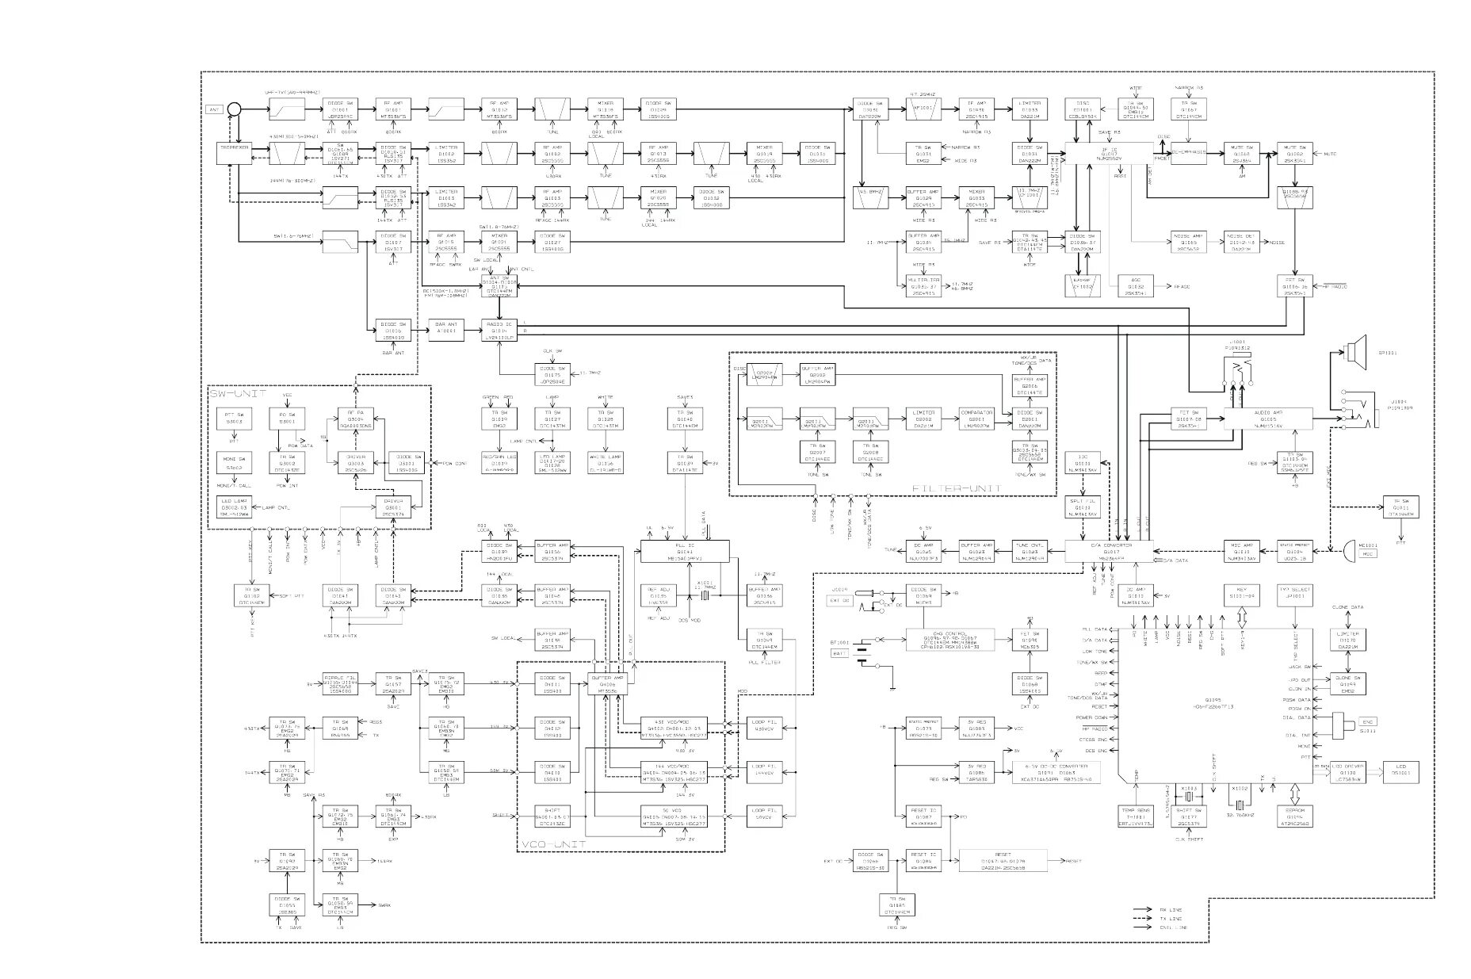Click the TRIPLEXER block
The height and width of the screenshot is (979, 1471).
coord(234,153)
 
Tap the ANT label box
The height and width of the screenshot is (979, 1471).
coord(214,109)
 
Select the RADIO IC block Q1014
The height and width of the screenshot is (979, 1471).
coord(499,331)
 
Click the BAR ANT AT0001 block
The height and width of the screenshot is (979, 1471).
coord(446,331)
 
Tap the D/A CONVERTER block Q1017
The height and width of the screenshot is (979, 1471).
coord(1109,552)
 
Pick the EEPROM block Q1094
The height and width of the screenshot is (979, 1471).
coord(1295,816)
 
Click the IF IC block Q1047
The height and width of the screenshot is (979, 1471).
coord(1109,153)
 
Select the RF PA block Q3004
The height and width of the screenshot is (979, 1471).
coord(355,419)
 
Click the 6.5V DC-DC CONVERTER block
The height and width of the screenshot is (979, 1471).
coord(1056,773)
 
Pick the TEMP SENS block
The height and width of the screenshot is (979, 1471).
coord(1136,816)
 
